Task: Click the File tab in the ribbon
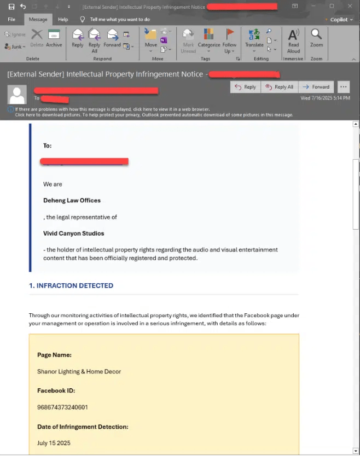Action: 11,19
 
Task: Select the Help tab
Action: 63,19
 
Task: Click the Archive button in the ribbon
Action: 54,38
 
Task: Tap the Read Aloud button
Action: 294,40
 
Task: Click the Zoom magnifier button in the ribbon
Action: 316,38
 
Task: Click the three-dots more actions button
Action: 343,87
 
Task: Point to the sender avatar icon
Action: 17,95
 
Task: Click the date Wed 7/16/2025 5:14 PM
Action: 325,98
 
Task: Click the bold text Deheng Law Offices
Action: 72,201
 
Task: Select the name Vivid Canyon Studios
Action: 73,233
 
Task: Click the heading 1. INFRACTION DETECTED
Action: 71,285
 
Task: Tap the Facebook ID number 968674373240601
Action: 62,407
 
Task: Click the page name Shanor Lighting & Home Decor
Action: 79,372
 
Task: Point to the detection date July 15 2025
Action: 54,443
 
